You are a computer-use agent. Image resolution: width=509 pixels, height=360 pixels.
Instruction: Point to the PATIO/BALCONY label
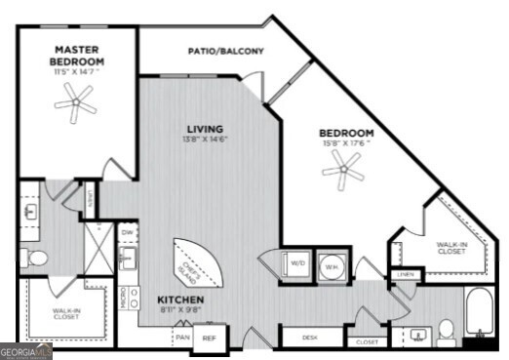225,52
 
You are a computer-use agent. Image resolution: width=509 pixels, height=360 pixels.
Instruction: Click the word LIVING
206,129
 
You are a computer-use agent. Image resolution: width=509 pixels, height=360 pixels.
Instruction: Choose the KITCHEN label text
180,299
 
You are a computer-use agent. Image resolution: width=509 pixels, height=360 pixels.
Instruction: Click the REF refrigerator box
208,339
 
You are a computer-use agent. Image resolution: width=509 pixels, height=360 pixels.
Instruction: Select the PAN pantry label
182,337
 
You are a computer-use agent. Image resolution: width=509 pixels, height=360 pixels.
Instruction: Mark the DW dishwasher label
128,233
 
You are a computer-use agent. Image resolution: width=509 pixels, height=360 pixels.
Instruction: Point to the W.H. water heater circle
331,265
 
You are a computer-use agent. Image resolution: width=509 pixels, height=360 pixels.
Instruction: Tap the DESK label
310,338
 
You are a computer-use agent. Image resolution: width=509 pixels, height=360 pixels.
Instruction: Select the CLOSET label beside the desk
367,342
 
